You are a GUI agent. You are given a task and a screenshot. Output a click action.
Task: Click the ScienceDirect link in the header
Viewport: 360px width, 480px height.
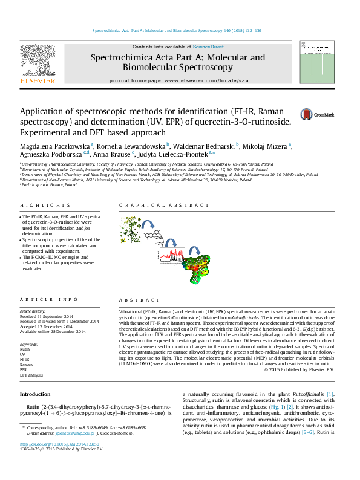[x=208, y=47]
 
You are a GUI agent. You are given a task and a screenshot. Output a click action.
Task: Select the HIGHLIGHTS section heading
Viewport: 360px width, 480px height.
[x=37, y=206]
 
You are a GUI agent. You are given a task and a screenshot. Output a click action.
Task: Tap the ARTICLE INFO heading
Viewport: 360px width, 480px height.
[x=41, y=300]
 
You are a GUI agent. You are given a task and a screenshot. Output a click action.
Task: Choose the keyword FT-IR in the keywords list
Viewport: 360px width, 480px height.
[x=25, y=360]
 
